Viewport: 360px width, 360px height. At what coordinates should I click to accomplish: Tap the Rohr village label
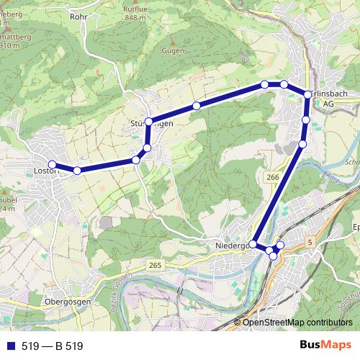coord(78,15)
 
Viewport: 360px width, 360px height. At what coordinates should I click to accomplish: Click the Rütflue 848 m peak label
coord(135,12)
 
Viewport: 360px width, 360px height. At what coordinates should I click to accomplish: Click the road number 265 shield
coord(156,266)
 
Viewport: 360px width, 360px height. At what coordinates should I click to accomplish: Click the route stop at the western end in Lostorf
coord(52,165)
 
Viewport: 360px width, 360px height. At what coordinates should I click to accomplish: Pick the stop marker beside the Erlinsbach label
coord(308,95)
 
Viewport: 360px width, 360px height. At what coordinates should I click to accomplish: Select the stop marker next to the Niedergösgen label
coord(253,244)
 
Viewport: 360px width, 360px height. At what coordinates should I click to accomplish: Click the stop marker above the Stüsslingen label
coord(148,121)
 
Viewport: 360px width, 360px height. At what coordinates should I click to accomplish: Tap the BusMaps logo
coord(325,346)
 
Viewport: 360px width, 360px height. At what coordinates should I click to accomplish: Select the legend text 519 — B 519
coord(53,346)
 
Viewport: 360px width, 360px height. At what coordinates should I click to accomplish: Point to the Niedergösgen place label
coord(231,246)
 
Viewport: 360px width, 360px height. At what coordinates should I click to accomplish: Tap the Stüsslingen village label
coord(152,123)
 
